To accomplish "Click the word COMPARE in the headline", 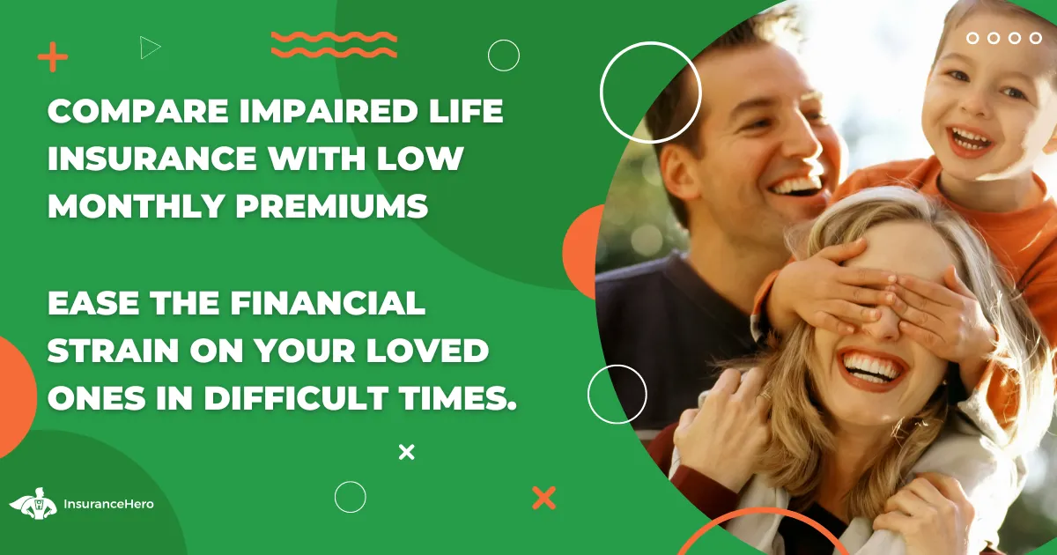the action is [x=139, y=111].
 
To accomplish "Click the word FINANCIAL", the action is [x=328, y=302].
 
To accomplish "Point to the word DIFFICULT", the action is [x=296, y=397].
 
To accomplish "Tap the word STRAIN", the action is [x=114, y=351].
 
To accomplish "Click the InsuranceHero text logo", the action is [x=108, y=504].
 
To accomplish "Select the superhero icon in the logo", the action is [x=33, y=504].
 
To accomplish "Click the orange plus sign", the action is [x=52, y=57].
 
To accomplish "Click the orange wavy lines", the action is [x=334, y=44].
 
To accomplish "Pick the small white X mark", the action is [x=406, y=452].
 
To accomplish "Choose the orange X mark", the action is [x=544, y=498].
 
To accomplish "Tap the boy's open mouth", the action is [x=969, y=140].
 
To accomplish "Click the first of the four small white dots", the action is [x=972, y=38].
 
